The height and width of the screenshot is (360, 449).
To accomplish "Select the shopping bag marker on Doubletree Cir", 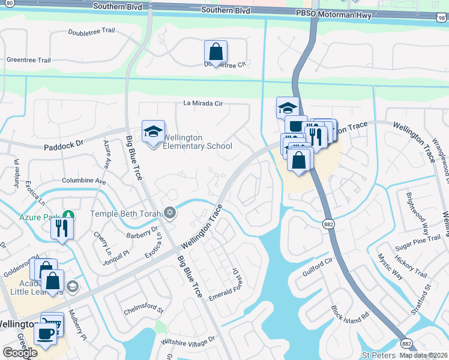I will [x=215, y=53].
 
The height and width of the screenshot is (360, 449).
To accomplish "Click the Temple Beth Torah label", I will [x=126, y=214].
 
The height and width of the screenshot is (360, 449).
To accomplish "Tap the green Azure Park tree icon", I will [x=69, y=215].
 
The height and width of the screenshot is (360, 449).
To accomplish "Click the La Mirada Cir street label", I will [x=203, y=103].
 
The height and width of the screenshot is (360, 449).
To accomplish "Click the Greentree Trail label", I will [x=28, y=60].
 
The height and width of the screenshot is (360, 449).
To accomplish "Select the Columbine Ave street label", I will [x=83, y=181].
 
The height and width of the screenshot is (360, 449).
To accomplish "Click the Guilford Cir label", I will [x=318, y=267].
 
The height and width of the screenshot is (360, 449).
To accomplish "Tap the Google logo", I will [x=20, y=353].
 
